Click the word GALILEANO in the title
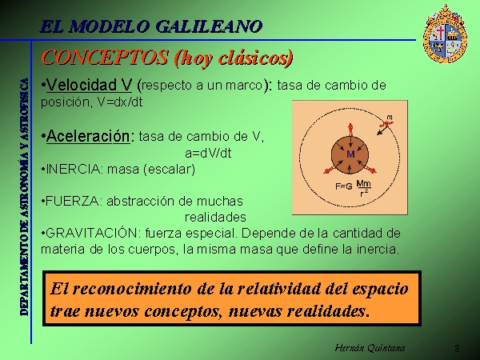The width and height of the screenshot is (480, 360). (x=209, y=26)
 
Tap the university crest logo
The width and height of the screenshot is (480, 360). (x=445, y=34)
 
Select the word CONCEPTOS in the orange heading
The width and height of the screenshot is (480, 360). (x=104, y=58)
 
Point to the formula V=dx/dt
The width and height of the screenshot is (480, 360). (x=120, y=102)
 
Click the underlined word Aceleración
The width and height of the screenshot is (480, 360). (x=88, y=136)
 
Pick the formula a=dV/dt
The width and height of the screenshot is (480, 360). (x=208, y=153)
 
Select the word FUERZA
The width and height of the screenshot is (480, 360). (x=74, y=201)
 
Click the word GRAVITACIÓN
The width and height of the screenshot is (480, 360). (x=91, y=233)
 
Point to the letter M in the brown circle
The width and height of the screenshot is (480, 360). (x=350, y=154)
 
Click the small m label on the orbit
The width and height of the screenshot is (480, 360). (x=390, y=118)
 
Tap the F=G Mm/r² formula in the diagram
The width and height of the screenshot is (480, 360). (x=354, y=188)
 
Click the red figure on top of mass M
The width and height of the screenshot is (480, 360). (x=350, y=130)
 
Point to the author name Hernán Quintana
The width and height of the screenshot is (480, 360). (x=370, y=348)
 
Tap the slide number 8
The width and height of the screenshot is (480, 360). (x=457, y=348)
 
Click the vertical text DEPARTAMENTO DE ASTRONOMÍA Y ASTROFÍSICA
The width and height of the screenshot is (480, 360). (x=24, y=197)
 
